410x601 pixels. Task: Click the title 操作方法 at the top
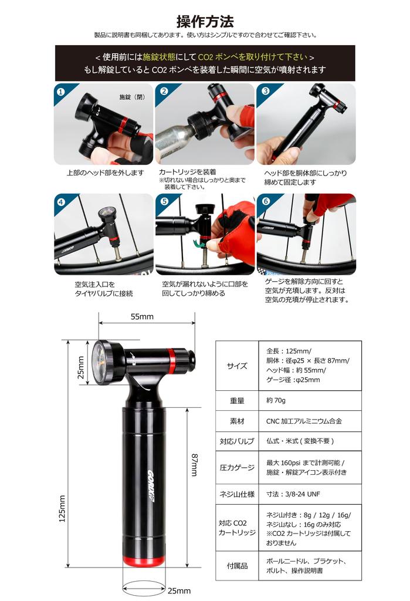205,21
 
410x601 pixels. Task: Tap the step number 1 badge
60,92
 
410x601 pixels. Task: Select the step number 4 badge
60,202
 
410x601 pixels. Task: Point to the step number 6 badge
265,202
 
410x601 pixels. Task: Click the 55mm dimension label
142,316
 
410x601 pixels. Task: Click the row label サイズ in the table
237,366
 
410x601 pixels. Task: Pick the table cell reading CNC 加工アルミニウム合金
304,421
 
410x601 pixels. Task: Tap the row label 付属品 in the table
237,566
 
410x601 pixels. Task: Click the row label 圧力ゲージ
237,468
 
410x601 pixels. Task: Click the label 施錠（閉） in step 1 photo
132,97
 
